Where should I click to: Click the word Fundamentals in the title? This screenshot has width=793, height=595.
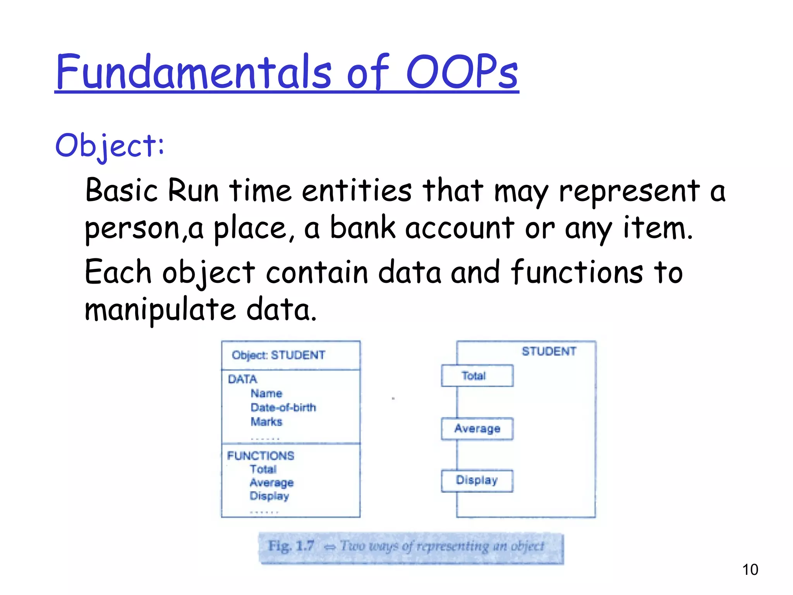[x=194, y=72]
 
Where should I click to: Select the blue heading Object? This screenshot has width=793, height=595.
[x=110, y=146]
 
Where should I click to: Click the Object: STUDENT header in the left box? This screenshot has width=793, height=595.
[x=278, y=355]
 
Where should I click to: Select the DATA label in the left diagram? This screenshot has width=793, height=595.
[x=242, y=379]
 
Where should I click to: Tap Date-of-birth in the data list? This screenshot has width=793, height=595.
[x=283, y=408]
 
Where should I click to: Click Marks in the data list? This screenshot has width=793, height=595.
[x=266, y=421]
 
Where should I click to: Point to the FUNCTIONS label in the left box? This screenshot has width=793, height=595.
[x=261, y=456]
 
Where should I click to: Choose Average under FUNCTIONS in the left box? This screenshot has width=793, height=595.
[x=271, y=483]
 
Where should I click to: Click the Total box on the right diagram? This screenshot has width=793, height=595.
[x=477, y=376]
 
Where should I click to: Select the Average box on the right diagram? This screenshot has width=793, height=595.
[x=477, y=428]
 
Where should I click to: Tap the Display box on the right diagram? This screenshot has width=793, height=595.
[x=477, y=480]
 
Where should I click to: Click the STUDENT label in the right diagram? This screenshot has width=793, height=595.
[x=549, y=351]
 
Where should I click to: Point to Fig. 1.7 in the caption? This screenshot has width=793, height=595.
[x=291, y=546]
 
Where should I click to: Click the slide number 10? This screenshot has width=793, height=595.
[x=750, y=570]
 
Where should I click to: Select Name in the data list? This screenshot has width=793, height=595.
[x=266, y=393]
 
